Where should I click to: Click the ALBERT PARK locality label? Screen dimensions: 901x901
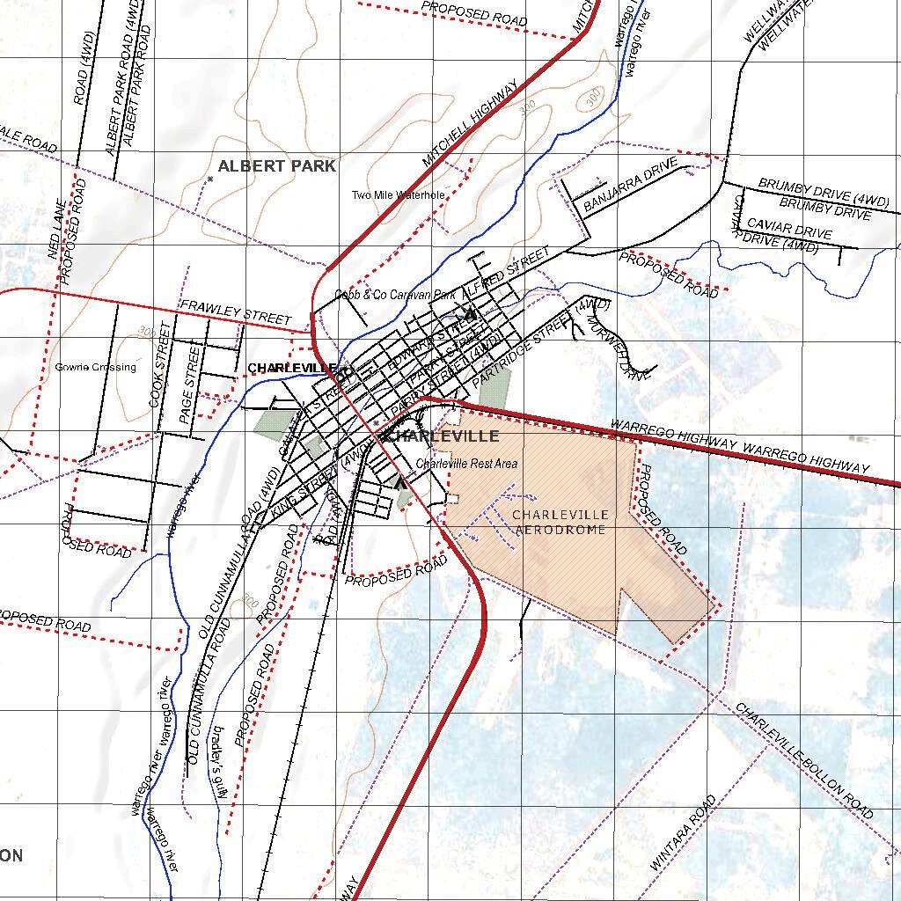click(x=276, y=165)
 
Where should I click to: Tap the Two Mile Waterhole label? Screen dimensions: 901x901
click(x=398, y=195)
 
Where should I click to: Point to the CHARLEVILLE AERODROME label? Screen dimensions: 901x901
click(x=560, y=523)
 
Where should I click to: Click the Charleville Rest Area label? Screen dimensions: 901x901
click(x=466, y=464)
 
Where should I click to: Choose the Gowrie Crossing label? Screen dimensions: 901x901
click(x=95, y=367)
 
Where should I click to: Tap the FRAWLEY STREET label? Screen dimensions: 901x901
click(x=234, y=311)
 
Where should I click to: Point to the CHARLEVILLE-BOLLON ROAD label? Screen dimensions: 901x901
click(x=805, y=760)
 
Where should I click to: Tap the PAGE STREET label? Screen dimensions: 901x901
click(x=189, y=385)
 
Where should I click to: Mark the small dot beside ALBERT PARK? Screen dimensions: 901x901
click(x=209, y=179)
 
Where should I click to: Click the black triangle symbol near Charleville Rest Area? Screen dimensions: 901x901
click(x=400, y=482)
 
